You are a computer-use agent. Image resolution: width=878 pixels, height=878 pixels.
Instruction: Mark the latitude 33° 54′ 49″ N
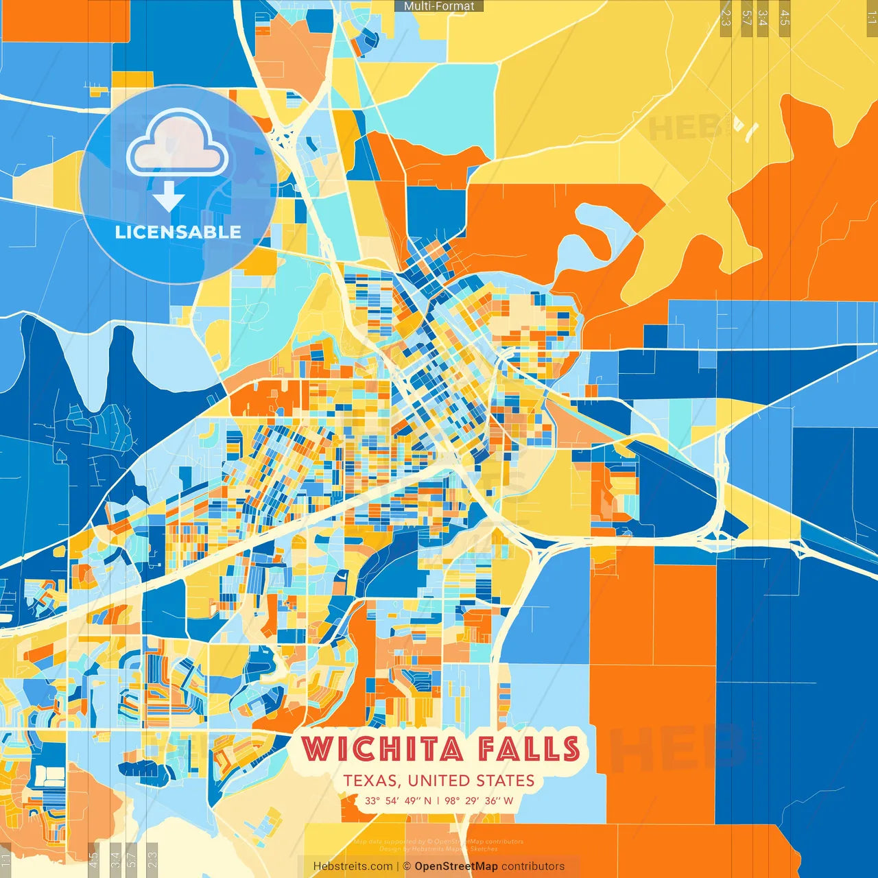(x=399, y=800)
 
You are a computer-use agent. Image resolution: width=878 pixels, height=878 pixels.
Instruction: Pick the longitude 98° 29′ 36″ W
(x=479, y=800)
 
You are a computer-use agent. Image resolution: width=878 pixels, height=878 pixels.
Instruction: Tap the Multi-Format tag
(x=439, y=6)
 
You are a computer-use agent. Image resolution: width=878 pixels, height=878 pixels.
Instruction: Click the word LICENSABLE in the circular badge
(x=178, y=232)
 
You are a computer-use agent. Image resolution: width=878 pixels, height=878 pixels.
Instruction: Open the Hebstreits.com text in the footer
(x=353, y=866)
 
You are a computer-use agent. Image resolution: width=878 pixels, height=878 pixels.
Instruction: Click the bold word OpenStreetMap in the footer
(x=456, y=866)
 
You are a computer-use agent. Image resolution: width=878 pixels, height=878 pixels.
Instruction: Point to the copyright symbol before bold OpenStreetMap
(x=407, y=866)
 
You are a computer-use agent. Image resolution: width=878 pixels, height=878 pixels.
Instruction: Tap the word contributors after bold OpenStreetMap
(x=533, y=866)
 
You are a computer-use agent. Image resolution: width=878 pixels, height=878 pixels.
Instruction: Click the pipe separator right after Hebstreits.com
(x=398, y=866)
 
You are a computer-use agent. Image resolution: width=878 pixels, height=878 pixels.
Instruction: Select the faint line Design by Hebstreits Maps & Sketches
(x=439, y=849)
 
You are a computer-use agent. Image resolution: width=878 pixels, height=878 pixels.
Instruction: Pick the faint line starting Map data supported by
(x=439, y=842)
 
